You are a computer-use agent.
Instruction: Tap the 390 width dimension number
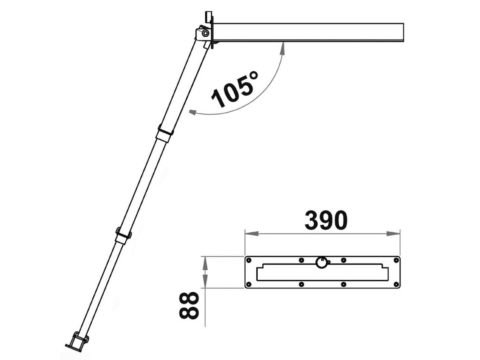326,220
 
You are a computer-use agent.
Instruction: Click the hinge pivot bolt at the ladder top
205,33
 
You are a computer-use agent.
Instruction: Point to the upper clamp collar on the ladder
165,133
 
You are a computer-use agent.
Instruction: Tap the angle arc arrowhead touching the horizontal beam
282,48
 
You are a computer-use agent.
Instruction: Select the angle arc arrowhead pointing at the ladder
193,112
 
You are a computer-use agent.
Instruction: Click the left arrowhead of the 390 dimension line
252,234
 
